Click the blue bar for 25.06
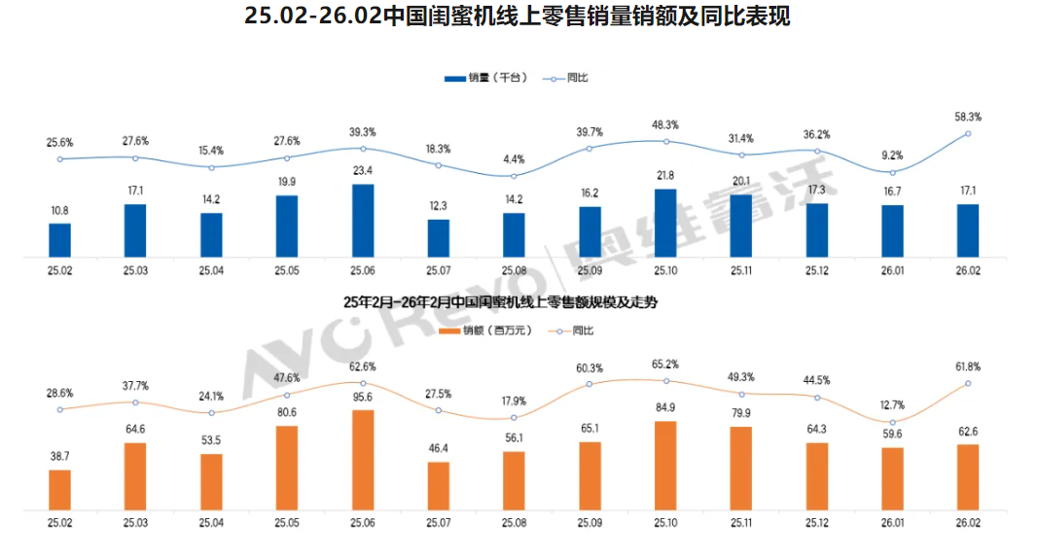[362, 221]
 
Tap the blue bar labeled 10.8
[60, 240]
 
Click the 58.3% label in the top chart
[967, 117]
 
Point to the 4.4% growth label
[514, 159]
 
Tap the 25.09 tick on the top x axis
[589, 271]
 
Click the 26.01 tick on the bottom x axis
[892, 523]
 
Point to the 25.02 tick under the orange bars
[60, 523]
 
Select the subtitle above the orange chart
[500, 302]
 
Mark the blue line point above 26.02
[968, 133]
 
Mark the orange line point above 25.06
[362, 383]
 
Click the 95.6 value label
[362, 398]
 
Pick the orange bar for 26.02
[968, 477]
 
